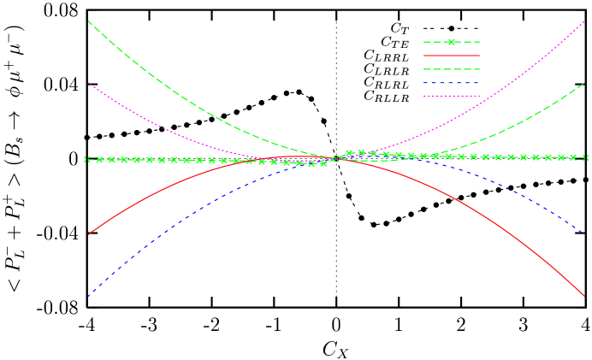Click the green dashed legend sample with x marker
[x=451, y=42]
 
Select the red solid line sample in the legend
[x=451, y=56]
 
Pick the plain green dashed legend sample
[x=451, y=69]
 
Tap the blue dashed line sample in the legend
[x=451, y=83]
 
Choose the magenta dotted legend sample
[x=451, y=96]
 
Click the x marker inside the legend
[x=451, y=42]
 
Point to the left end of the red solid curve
[x=88, y=234]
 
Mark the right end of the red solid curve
[x=584, y=296]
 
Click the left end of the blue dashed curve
[x=88, y=296]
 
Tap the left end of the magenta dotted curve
[x=88, y=83]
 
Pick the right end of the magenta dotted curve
[x=584, y=21]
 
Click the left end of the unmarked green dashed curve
[x=88, y=21]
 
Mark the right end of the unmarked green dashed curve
[x=584, y=83]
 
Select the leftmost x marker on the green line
[x=86, y=159]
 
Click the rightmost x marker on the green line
[x=586, y=157]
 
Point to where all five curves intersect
[x=336, y=159]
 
